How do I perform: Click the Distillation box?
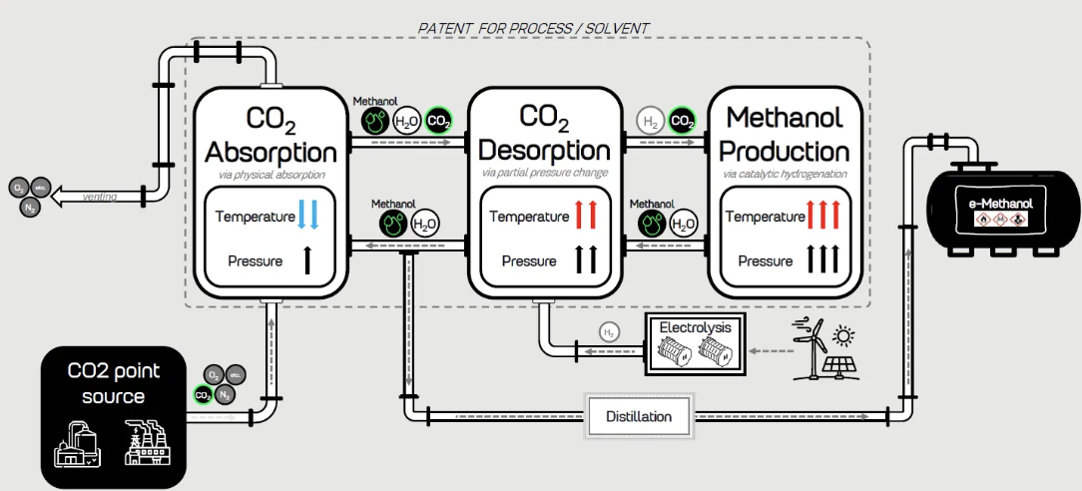click(639, 416)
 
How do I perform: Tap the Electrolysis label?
click(695, 326)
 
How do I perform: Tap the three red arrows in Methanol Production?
click(824, 216)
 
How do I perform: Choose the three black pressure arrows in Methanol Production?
click(824, 261)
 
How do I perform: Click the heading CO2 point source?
click(113, 383)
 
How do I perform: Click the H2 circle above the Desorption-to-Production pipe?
click(650, 122)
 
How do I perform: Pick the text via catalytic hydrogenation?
click(784, 175)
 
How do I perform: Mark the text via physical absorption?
click(270, 175)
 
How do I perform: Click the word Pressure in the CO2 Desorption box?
click(528, 261)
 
